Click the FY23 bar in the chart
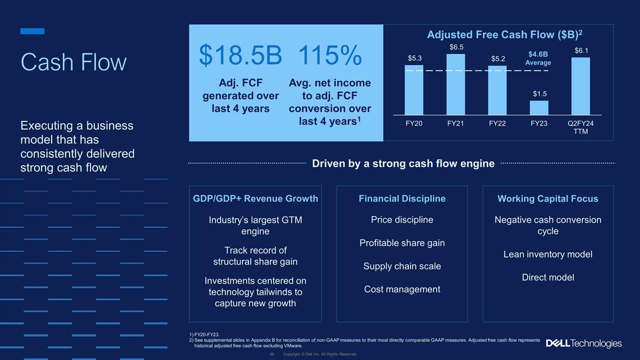[539, 108]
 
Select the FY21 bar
[455, 85]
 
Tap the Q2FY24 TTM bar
[581, 86]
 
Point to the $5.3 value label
[414, 58]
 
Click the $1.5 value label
[540, 94]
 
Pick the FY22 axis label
[497, 123]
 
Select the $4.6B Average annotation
[538, 58]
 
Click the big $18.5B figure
[241, 55]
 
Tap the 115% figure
[330, 55]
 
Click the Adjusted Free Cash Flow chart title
[505, 35]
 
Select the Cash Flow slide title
[74, 62]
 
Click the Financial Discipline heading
[402, 198]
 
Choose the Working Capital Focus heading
[548, 198]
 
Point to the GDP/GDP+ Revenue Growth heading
[255, 198]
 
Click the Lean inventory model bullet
[548, 254]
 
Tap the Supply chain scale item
[402, 266]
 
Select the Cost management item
[402, 290]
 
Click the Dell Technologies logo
[583, 343]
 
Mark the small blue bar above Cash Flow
[33, 31]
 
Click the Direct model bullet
[548, 277]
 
